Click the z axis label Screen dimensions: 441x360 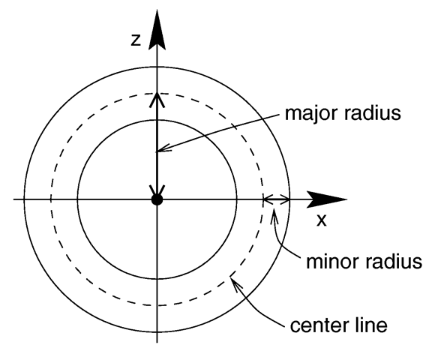pyautogui.click(x=136, y=40)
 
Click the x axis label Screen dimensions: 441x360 pyautogui.click(x=322, y=220)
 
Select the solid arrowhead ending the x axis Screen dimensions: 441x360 pyautogui.click(x=326, y=199)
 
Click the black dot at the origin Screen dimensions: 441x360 pyautogui.click(x=157, y=199)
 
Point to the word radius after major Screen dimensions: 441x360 pyautogui.click(x=373, y=112)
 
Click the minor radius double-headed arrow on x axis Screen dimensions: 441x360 pyautogui.click(x=276, y=199)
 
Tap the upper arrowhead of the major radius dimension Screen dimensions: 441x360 pyautogui.click(x=157, y=100)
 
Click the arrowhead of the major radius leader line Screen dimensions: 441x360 pyautogui.click(x=163, y=148)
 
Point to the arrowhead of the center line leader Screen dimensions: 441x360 pyautogui.click(x=235, y=283)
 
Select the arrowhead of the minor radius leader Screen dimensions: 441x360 pyautogui.click(x=274, y=217)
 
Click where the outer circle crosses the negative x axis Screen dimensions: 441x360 pyautogui.click(x=24, y=199)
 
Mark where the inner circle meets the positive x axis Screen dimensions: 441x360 pyautogui.click(x=237, y=199)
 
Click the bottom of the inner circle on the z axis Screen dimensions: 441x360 pyautogui.click(x=157, y=279)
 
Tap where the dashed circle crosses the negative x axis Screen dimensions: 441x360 pyautogui.click(x=51, y=199)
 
